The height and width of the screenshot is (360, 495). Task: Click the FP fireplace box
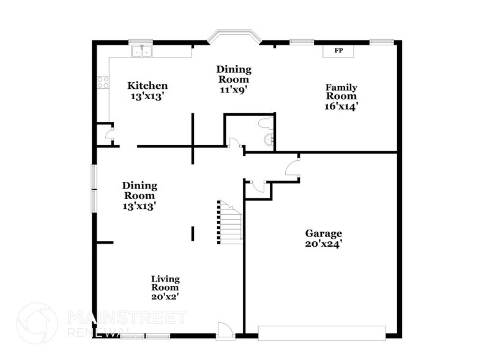coord(338,51)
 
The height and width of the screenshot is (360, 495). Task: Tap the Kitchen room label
coord(147,86)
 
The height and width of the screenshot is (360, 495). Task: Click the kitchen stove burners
coord(102,83)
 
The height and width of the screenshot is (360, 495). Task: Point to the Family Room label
coord(341,92)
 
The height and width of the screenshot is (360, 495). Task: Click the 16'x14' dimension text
coord(341,106)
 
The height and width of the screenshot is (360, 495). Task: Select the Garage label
coord(324,233)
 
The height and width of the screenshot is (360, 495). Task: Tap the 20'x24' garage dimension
coord(324,244)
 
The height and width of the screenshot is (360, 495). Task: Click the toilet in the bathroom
coord(266,124)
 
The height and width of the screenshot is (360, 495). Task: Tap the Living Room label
coord(165,283)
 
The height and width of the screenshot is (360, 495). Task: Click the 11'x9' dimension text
coord(233,89)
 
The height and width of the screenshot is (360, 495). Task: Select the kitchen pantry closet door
coord(110,135)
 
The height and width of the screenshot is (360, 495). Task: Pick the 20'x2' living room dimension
coord(165,296)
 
